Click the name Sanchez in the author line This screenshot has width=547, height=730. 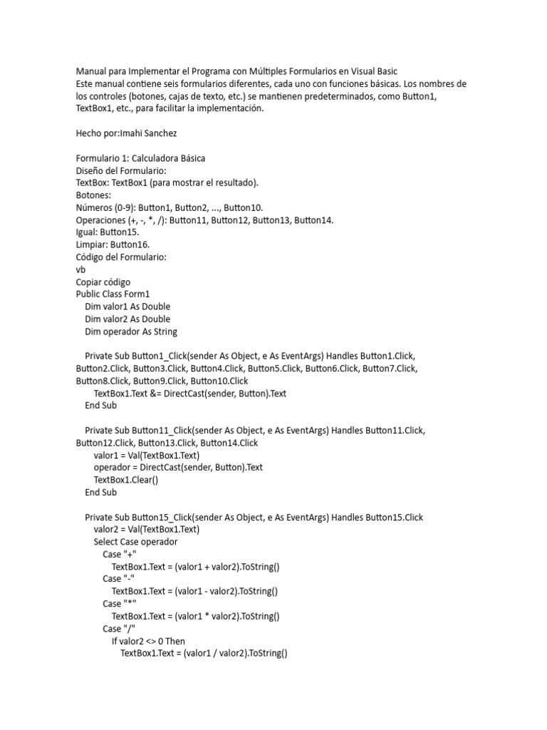pos(163,133)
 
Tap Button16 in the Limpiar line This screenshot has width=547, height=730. pos(130,245)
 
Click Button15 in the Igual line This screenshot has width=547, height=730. pos(120,232)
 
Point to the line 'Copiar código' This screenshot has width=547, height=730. pos(103,282)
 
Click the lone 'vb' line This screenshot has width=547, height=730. pos(80,269)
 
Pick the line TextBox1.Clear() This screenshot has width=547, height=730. pos(126,480)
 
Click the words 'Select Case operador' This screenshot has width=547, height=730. pos(135,542)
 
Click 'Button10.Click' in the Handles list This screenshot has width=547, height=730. pos(220,381)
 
